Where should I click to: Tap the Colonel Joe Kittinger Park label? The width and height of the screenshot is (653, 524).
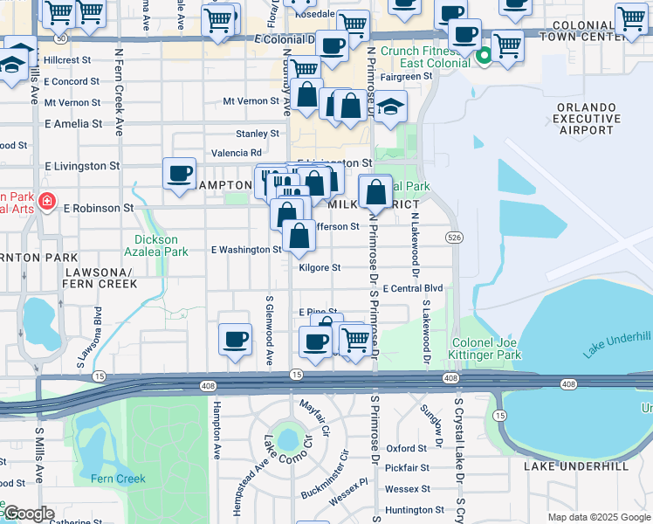[486, 349]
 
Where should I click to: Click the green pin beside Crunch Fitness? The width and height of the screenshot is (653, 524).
[485, 58]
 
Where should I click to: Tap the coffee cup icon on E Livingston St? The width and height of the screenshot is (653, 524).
[179, 172]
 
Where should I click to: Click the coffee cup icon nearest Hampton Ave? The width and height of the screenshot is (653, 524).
[234, 339]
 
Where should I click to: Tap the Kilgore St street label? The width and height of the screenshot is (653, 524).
[319, 268]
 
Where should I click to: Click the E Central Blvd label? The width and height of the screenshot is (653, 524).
[412, 288]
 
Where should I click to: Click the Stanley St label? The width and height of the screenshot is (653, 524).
[258, 134]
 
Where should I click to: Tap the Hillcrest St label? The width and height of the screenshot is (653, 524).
[67, 60]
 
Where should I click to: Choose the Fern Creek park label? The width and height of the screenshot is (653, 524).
[118, 479]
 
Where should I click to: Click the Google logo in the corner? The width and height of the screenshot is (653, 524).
[29, 514]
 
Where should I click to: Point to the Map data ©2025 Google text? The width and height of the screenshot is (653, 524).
[599, 517]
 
